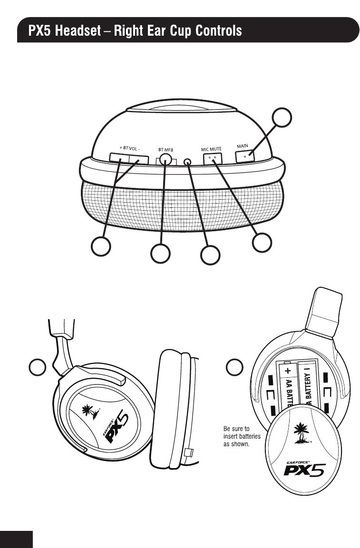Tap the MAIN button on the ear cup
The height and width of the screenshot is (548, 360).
(245, 156)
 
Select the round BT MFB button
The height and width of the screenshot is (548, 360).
(165, 159)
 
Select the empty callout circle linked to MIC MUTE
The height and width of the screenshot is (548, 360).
(263, 242)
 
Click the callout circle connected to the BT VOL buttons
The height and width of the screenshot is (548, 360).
(101, 246)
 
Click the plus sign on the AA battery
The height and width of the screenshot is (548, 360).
(287, 370)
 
